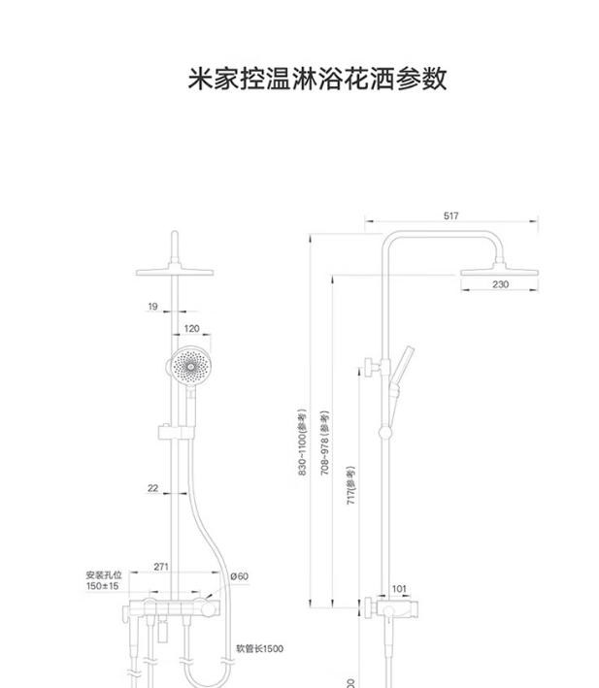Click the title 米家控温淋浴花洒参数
(317, 79)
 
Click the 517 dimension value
(449, 216)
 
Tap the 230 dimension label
(500, 284)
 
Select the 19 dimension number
(152, 307)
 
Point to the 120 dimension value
(191, 330)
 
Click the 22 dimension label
(153, 488)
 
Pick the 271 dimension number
(161, 566)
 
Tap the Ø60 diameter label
(239, 576)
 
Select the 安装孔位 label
(102, 575)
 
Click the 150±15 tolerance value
(102, 587)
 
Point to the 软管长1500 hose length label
(260, 648)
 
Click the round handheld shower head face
(187, 367)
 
